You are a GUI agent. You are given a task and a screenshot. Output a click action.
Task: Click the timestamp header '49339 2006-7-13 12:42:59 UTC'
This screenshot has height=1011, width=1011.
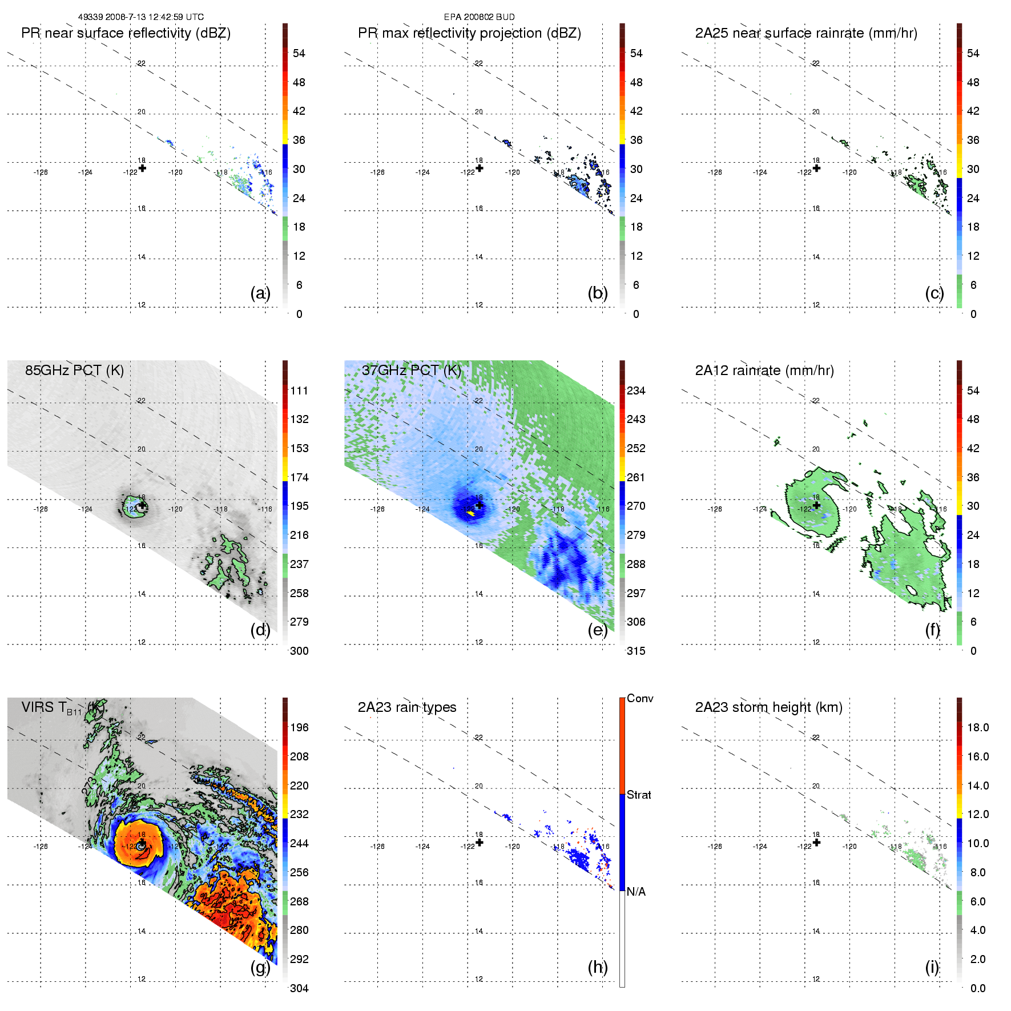point(140,17)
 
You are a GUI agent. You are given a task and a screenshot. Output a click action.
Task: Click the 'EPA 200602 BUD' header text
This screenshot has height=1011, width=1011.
point(479,17)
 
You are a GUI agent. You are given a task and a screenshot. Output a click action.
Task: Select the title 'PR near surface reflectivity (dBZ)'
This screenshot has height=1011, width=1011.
point(126,33)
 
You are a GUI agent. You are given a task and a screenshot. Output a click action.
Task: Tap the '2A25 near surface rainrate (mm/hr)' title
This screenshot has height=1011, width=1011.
point(805,33)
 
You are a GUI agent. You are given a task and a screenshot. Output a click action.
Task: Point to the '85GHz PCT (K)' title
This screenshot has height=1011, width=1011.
point(74,370)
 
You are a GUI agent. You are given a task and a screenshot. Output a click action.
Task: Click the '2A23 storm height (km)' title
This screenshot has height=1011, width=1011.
point(768,707)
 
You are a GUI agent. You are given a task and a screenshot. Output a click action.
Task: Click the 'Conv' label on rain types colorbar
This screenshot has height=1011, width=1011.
point(639,698)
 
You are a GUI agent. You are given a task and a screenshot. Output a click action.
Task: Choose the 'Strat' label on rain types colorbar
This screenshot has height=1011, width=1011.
point(638,795)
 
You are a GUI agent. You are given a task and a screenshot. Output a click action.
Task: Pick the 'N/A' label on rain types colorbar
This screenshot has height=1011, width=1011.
point(636,892)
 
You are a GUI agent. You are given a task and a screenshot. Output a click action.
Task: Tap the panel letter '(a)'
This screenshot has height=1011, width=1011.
point(260,293)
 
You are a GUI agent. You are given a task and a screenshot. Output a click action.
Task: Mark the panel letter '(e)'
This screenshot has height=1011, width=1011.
point(597,630)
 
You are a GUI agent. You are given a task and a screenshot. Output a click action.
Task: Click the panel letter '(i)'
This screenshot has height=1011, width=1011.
point(932,967)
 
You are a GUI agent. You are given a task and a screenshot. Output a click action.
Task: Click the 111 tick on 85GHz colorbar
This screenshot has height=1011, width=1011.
point(299,390)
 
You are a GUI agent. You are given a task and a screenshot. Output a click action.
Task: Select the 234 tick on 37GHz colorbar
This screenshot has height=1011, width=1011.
point(636,390)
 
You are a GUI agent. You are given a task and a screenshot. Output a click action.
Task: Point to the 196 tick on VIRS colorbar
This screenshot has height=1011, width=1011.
point(299,727)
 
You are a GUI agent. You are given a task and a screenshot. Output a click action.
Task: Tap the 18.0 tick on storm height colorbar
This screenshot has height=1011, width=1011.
point(977,727)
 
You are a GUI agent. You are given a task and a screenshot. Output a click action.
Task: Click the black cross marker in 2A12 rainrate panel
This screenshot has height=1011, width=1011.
point(816,505)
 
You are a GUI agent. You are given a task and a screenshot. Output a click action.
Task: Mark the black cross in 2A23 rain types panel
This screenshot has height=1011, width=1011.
point(480,842)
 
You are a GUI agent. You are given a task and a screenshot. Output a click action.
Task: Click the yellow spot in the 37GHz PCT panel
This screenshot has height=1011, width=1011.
point(471,513)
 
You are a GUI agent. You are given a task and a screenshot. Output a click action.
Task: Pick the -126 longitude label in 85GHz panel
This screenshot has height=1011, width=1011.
point(41,509)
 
